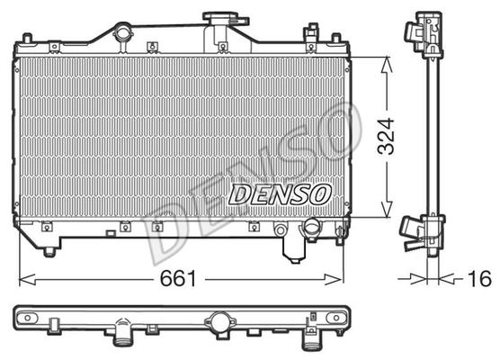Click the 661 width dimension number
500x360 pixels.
coord(178,278)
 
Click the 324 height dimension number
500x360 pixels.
coord(386,136)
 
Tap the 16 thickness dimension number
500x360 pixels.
coord(479,279)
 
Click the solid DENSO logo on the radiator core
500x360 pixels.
coord(280,194)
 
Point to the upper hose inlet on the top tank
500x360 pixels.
coord(122,33)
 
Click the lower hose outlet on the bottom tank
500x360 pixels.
coord(310,227)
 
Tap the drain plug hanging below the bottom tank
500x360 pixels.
coord(294,252)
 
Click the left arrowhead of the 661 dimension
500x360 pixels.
coord(27,280)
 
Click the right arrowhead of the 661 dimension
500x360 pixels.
coord(334,280)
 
